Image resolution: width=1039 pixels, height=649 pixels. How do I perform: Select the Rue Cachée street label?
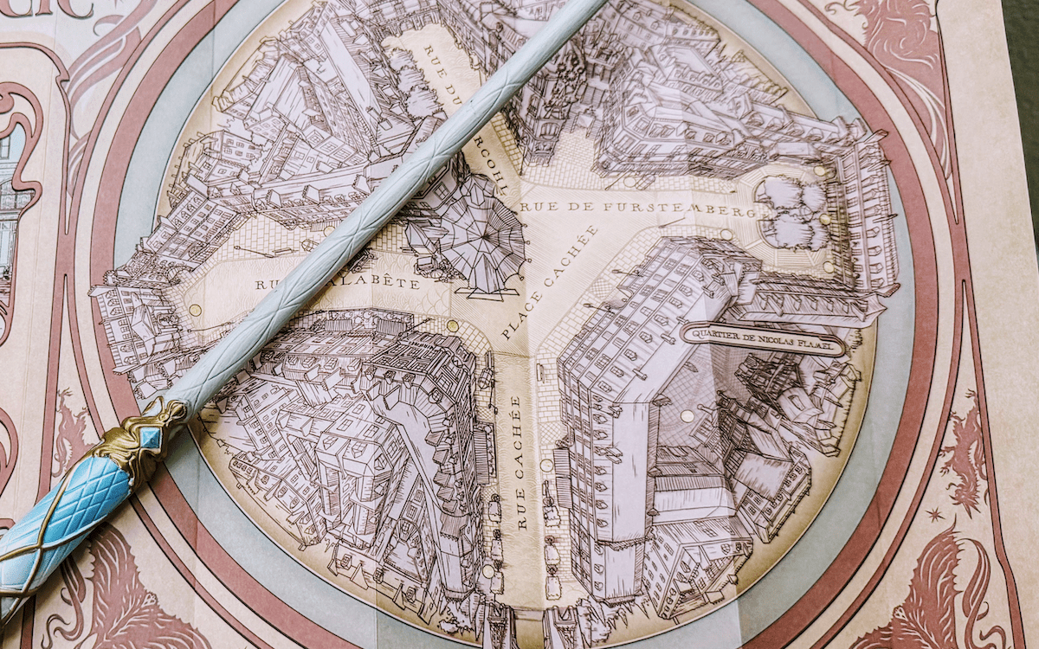(519, 462)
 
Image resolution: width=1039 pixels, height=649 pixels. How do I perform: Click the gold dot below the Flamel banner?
(687, 416)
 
